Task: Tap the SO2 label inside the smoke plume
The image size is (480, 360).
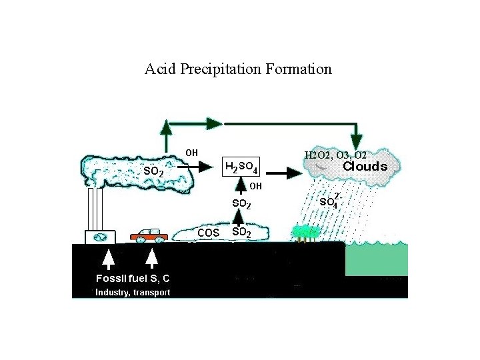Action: (x=154, y=171)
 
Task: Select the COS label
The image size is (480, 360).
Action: (x=208, y=233)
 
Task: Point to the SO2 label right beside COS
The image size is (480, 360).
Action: (x=241, y=232)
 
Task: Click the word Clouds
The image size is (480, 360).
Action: (x=365, y=167)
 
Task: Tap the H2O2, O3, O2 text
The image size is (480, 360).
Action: (x=335, y=155)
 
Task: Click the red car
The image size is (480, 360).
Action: (x=149, y=235)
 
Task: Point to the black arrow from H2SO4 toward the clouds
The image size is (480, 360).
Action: (x=286, y=173)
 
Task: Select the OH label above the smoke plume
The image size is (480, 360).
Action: (x=191, y=152)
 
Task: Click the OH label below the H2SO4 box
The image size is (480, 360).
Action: (x=256, y=185)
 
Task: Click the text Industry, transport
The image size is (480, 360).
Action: (x=132, y=293)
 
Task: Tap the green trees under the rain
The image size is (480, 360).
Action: (x=305, y=233)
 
